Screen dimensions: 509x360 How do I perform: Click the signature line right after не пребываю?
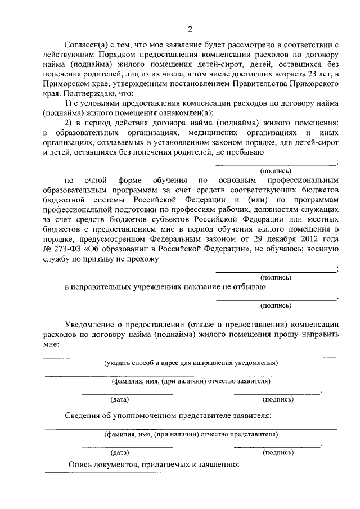pyautogui.click(x=275, y=164)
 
